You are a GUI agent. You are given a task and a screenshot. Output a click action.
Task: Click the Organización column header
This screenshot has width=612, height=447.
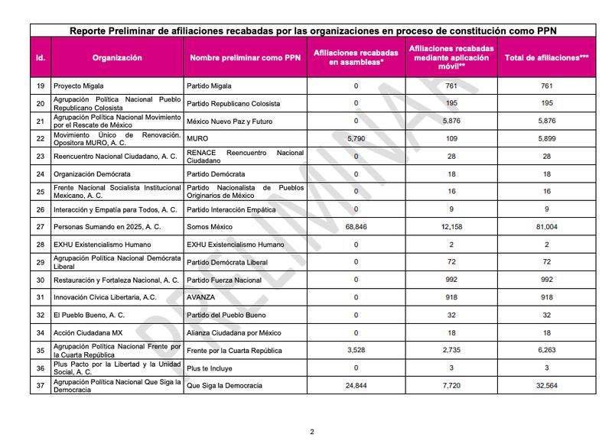[117, 57]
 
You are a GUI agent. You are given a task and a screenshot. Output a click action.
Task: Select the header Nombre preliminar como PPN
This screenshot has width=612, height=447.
[244, 57]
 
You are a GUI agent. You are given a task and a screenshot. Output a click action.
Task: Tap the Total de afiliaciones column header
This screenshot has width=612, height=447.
[546, 57]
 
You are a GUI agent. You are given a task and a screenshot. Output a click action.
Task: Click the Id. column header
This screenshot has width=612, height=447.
[40, 57]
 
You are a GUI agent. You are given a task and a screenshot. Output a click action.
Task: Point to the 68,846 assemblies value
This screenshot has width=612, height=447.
[356, 227]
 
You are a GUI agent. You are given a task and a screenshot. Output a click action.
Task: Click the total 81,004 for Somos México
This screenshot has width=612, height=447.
[546, 227]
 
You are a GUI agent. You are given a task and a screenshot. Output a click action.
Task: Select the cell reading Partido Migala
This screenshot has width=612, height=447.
[210, 86]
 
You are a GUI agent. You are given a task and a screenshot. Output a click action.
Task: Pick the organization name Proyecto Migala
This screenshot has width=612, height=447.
[78, 86]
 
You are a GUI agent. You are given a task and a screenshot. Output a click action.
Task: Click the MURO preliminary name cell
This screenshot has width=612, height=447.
[198, 139]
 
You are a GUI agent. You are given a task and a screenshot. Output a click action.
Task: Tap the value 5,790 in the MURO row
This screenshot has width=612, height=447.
[356, 139]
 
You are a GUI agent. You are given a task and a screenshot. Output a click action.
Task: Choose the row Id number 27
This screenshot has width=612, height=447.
[40, 227]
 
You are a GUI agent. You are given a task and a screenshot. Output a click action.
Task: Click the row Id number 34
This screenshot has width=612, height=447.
[40, 332]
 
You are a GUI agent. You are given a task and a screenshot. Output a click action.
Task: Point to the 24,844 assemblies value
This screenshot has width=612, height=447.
[356, 386]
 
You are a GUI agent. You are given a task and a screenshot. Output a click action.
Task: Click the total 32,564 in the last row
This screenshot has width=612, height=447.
[546, 386]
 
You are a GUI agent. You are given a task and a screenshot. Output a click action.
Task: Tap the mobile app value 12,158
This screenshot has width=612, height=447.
[455, 227]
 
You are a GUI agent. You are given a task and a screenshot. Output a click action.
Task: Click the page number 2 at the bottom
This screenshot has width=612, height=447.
[311, 432]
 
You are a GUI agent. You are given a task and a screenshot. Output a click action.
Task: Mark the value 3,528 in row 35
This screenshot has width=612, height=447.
[356, 351]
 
